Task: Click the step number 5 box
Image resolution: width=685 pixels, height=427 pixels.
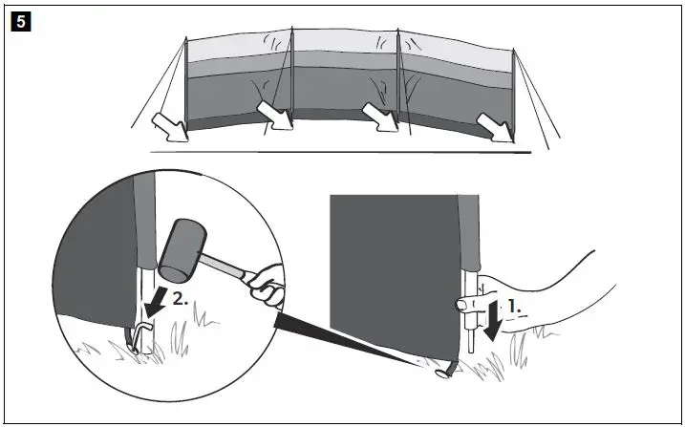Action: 17,17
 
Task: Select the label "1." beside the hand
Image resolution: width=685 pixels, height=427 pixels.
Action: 512,309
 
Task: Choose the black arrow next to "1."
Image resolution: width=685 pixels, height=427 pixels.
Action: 493,317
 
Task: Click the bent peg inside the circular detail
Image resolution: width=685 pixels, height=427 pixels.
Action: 141,335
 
